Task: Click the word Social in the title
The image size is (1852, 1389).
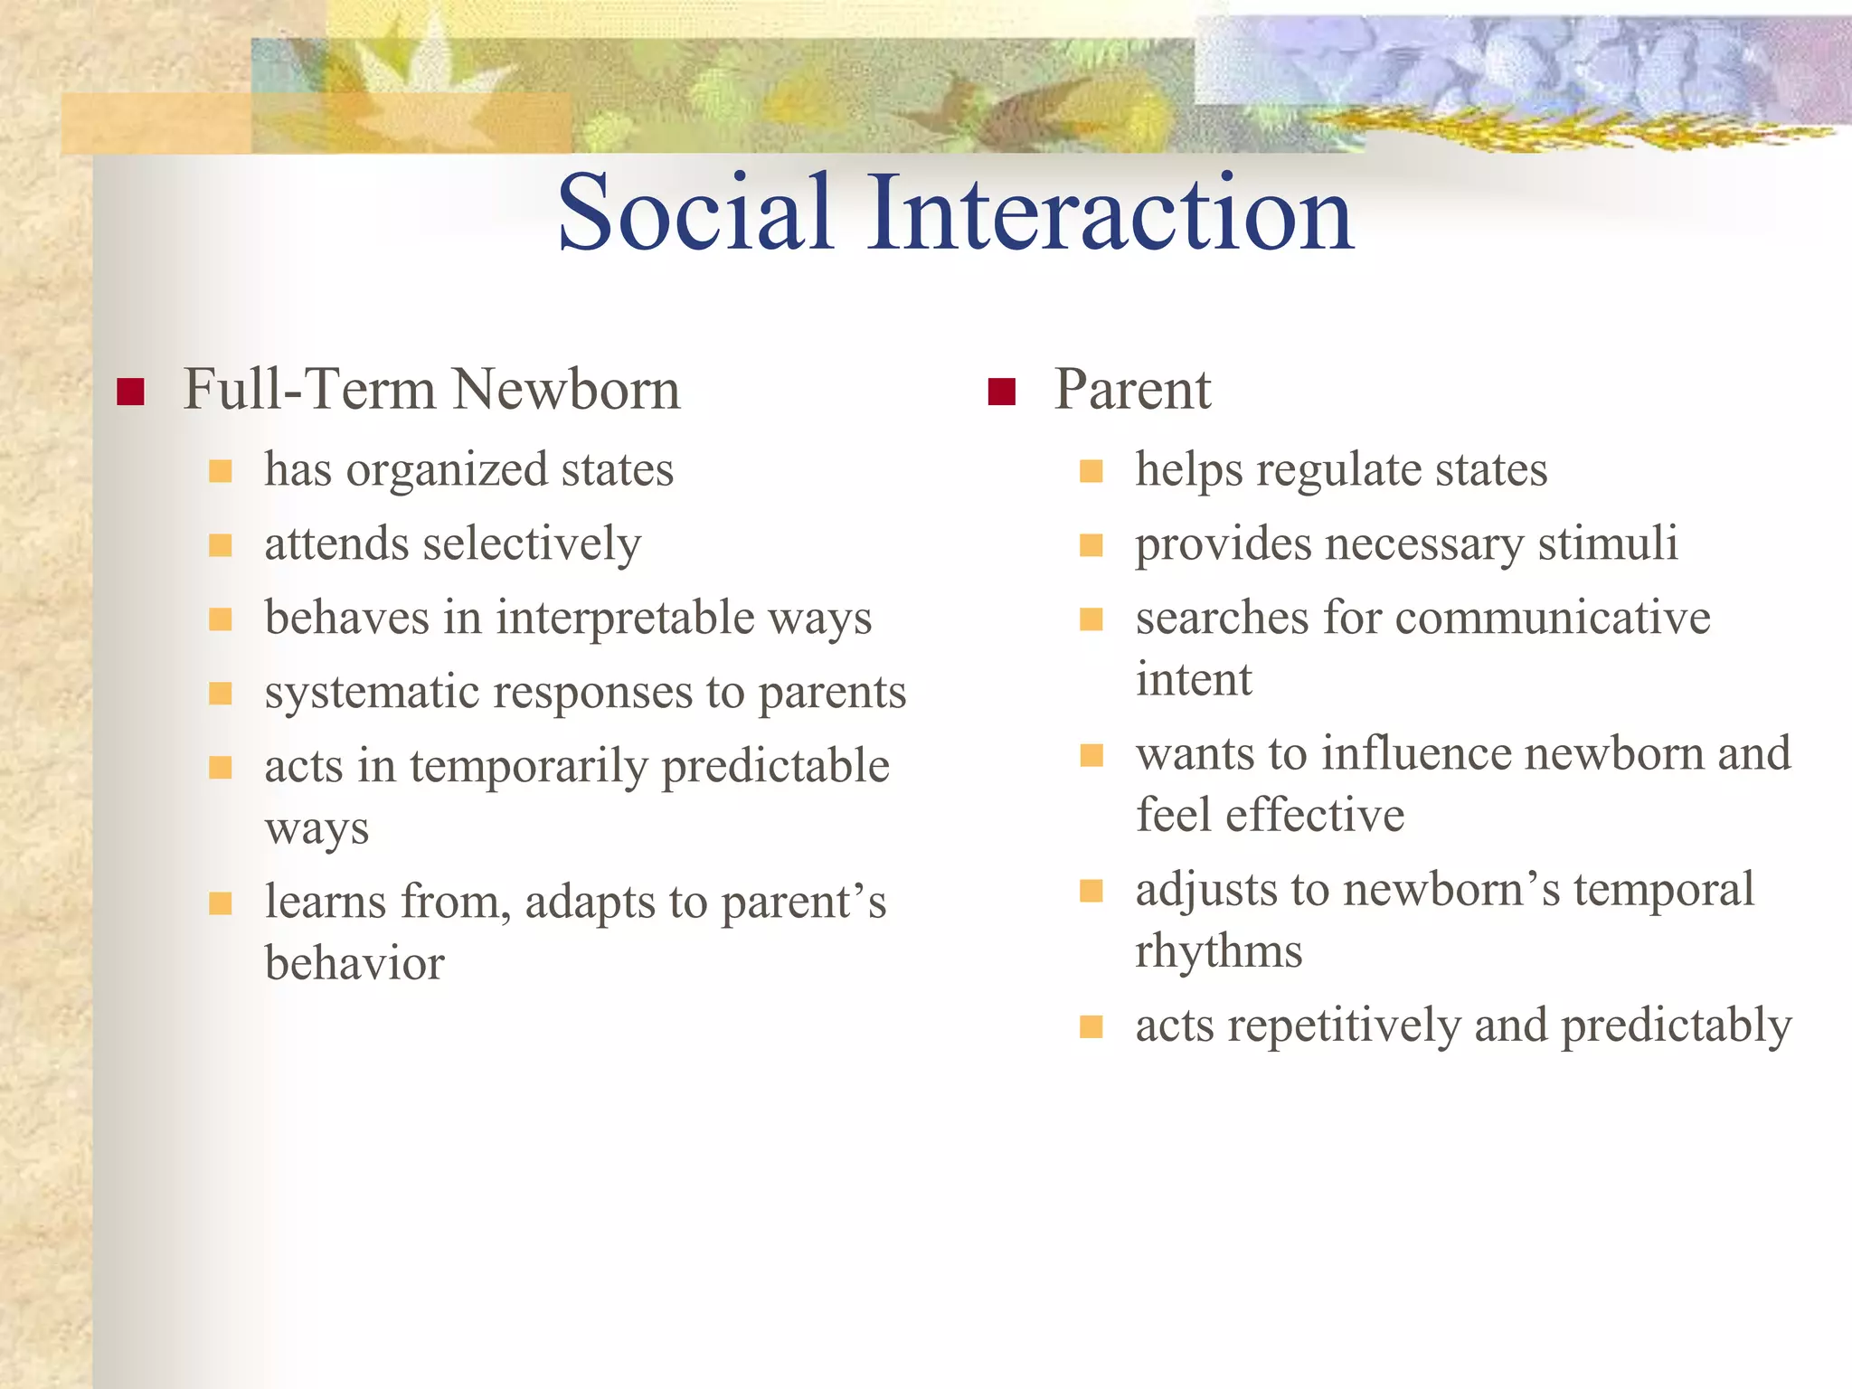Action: [694, 213]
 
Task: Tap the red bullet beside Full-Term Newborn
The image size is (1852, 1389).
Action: [131, 392]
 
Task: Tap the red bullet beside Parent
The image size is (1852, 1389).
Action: [1002, 392]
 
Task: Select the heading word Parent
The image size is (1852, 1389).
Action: [1132, 391]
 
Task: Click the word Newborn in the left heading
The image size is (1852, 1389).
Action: [566, 391]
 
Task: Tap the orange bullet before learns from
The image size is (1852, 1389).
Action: [221, 903]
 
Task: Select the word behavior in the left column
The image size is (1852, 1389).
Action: [354, 964]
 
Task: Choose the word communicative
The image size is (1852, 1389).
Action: [1553, 619]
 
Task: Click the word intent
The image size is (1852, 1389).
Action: [1194, 680]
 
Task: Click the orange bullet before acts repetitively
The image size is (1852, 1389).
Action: [1091, 1026]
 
